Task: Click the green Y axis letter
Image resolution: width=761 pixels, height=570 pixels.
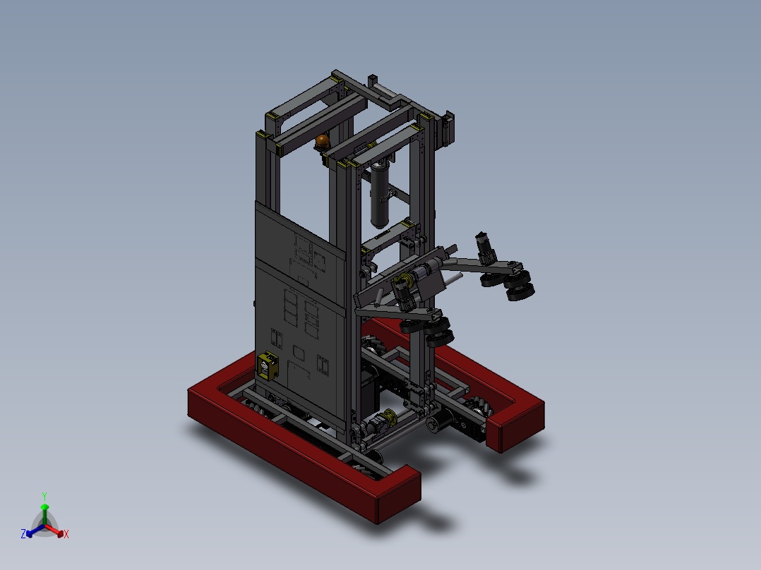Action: pos(44,496)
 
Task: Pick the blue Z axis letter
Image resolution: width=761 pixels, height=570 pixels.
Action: pos(23,534)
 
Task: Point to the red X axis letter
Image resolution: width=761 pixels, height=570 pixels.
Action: pos(66,535)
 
